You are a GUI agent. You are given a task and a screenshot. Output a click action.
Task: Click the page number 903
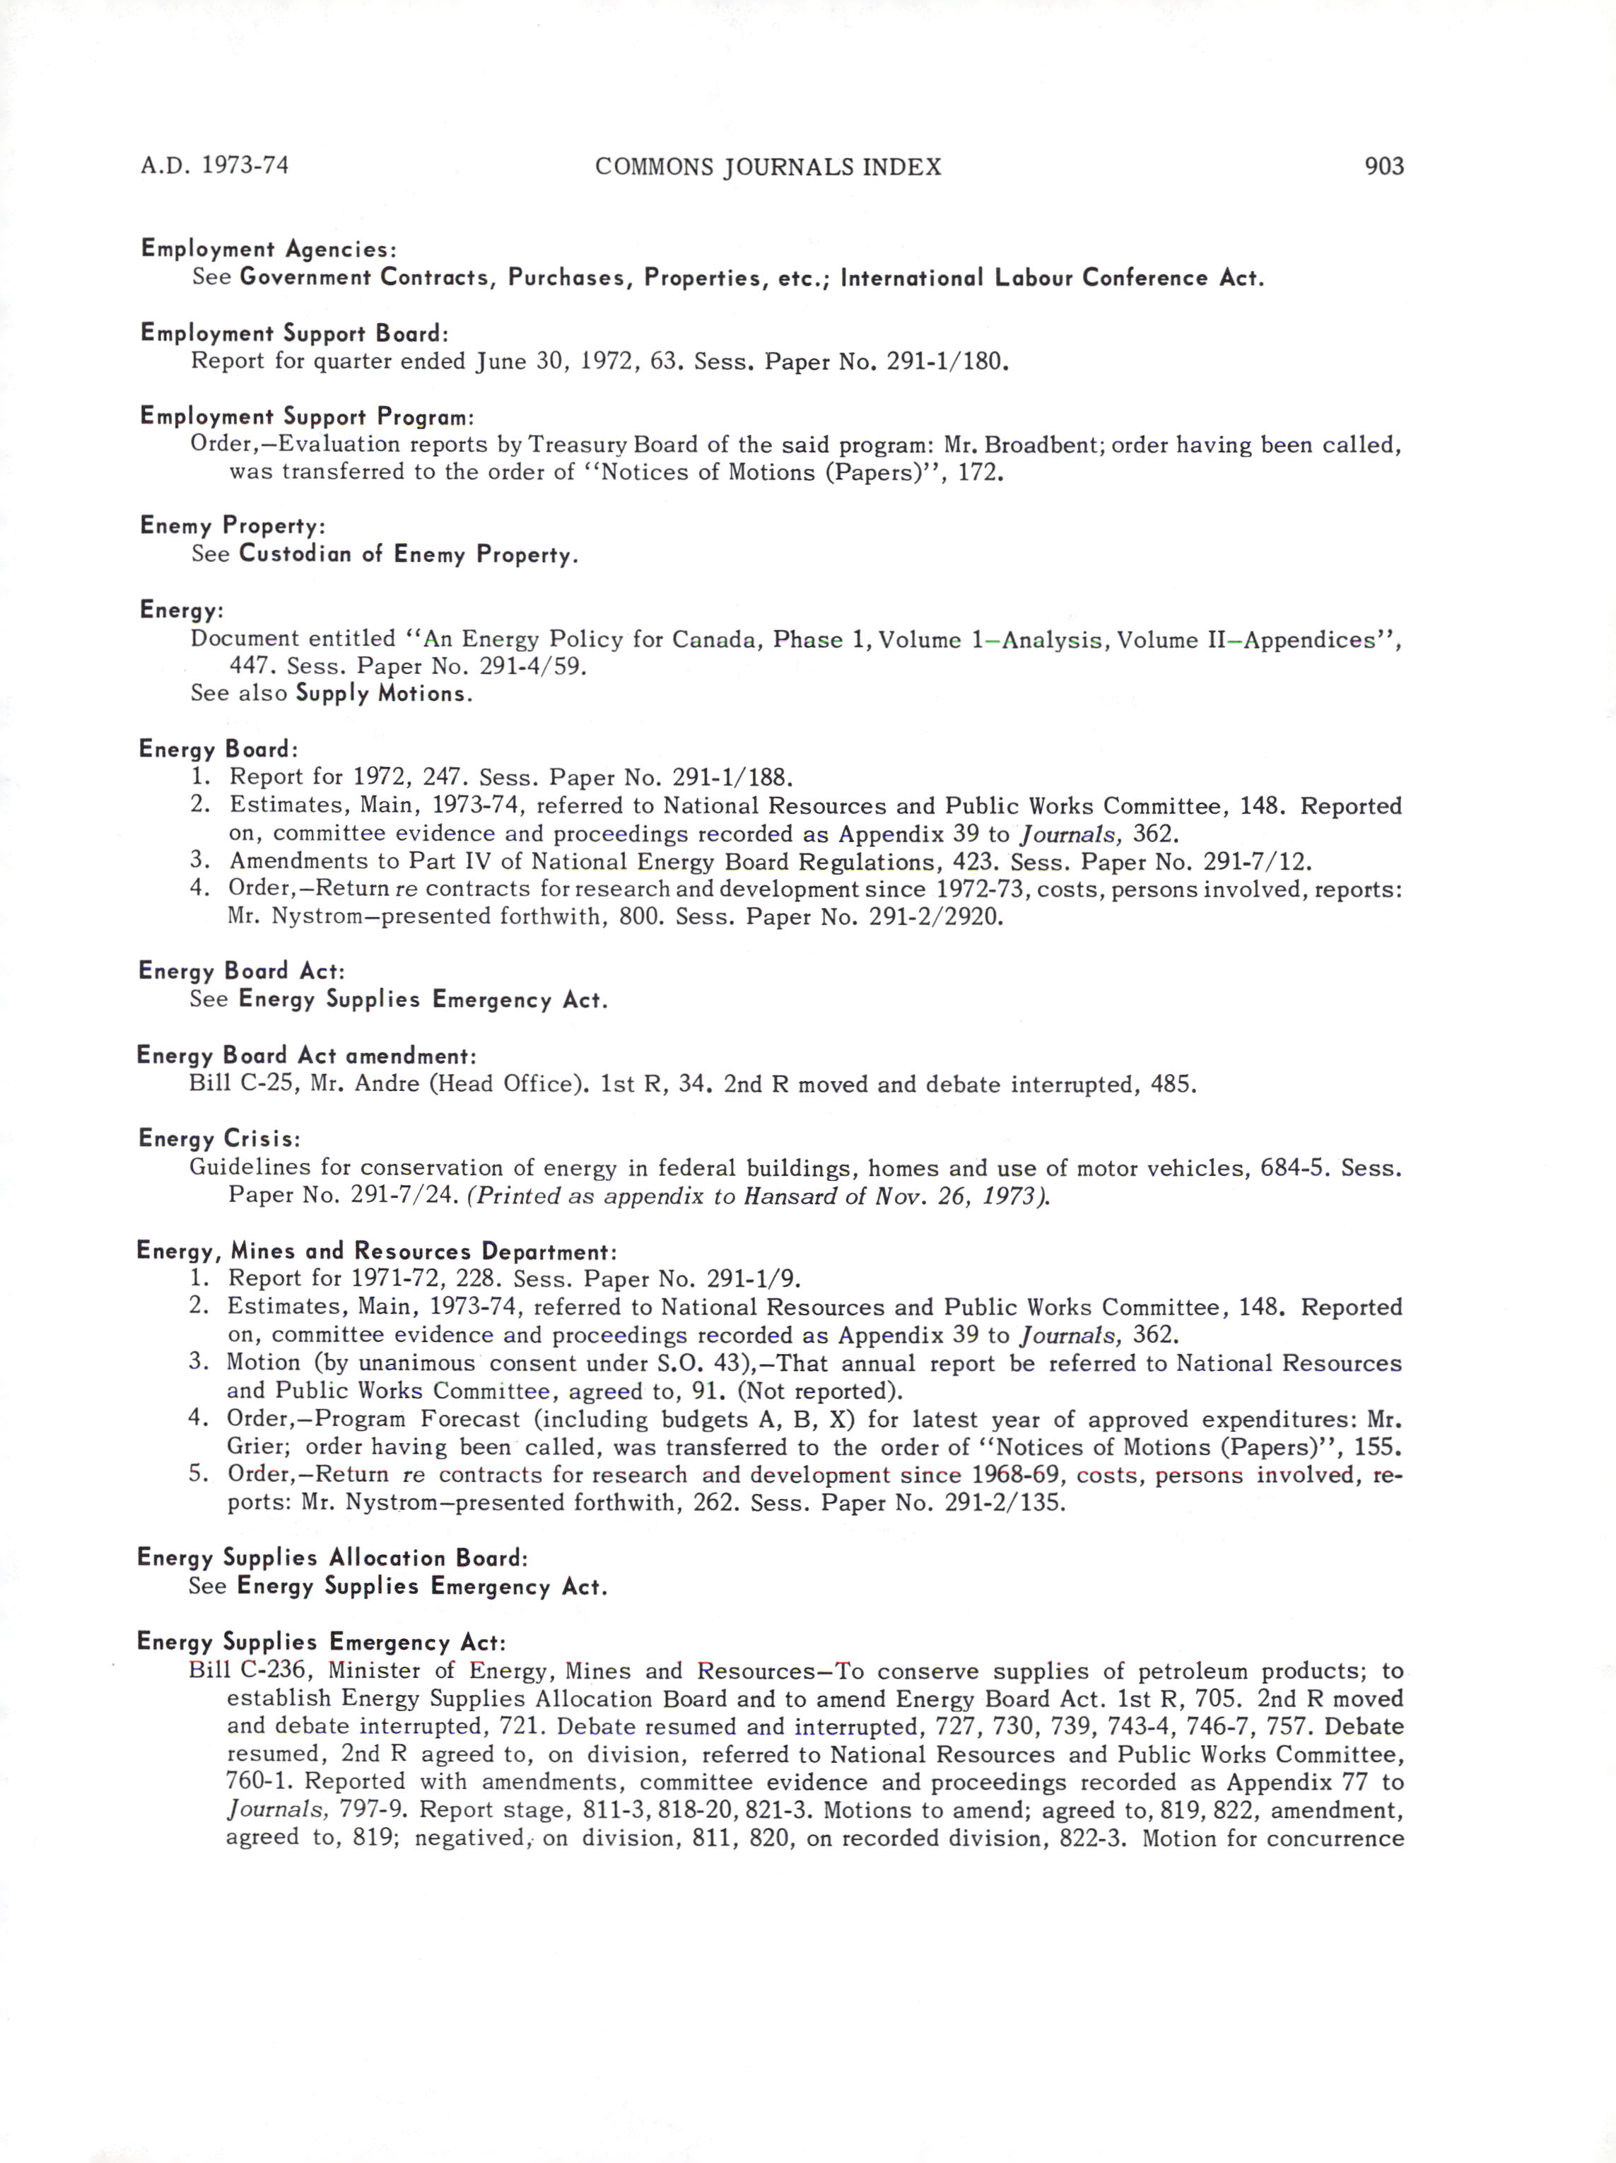point(1383,166)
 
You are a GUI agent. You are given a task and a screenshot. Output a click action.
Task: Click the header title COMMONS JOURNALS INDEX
point(768,167)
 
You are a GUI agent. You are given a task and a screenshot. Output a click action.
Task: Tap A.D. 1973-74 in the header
point(214,165)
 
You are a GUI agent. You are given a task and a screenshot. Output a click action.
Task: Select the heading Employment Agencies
point(268,250)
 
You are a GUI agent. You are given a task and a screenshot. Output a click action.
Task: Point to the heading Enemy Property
point(232,526)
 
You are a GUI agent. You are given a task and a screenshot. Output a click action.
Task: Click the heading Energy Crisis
point(218,1139)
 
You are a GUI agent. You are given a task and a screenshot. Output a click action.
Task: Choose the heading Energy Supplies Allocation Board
point(332,1558)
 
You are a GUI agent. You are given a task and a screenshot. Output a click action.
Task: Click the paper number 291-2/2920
point(935,917)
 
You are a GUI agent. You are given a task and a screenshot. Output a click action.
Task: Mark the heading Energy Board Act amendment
point(306,1056)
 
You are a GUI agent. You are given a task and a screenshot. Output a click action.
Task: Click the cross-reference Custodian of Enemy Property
point(408,554)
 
